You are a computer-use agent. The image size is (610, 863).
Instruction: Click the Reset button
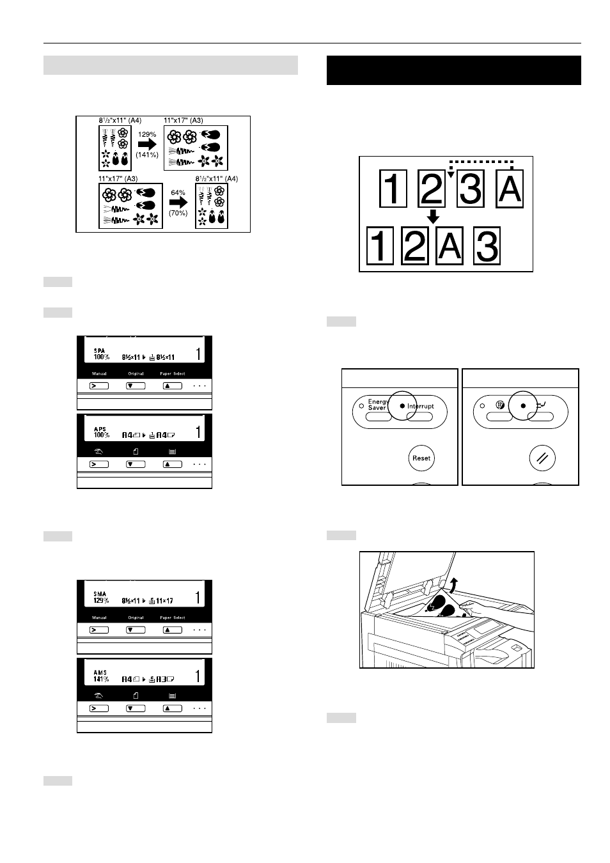pyautogui.click(x=421, y=458)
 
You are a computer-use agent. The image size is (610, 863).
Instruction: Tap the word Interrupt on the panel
pyautogui.click(x=421, y=406)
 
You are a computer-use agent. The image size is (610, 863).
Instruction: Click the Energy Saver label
pyautogui.click(x=377, y=405)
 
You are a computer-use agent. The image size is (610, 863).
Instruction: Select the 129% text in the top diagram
pyautogui.click(x=147, y=134)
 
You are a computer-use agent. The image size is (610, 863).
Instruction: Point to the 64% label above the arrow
pyautogui.click(x=178, y=192)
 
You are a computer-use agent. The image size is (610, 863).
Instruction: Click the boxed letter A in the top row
pyautogui.click(x=510, y=189)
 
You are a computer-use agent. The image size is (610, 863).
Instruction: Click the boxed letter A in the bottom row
pyautogui.click(x=450, y=246)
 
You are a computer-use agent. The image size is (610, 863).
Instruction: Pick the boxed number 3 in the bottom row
pyautogui.click(x=487, y=247)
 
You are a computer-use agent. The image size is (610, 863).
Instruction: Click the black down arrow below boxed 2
pyautogui.click(x=433, y=216)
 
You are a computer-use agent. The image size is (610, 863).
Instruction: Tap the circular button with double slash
pyautogui.click(x=542, y=458)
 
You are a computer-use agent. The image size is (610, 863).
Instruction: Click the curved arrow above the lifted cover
pyautogui.click(x=453, y=583)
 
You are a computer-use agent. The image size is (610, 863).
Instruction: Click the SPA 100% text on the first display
pyautogui.click(x=101, y=354)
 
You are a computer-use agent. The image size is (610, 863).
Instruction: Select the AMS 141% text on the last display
pyautogui.click(x=100, y=676)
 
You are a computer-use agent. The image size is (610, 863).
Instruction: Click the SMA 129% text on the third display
pyautogui.click(x=100, y=598)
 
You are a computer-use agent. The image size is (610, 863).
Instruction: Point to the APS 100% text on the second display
pyautogui.click(x=101, y=432)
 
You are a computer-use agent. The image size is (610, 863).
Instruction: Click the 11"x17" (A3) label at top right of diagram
pyautogui.click(x=184, y=120)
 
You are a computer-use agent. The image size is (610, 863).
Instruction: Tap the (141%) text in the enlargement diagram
pyautogui.click(x=147, y=155)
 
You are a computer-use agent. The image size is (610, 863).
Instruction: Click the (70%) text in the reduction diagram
pyautogui.click(x=178, y=213)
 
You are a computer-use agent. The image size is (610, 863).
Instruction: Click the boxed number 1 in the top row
pyautogui.click(x=393, y=189)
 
